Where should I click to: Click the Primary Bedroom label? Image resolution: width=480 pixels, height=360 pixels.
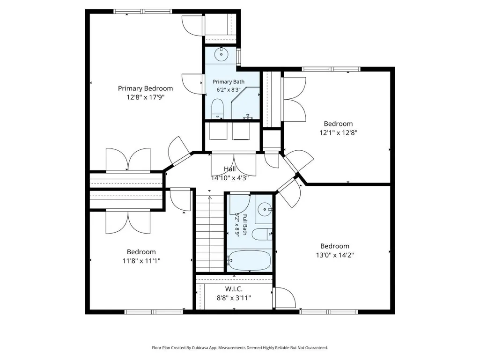click(x=146, y=88)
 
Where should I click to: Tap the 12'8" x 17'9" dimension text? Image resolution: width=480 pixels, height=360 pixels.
click(x=146, y=97)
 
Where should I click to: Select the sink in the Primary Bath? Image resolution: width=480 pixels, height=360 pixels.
click(x=221, y=55)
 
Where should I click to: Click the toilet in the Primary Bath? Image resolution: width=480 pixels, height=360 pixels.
click(x=218, y=109)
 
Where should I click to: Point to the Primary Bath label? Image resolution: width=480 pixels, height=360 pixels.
click(x=229, y=82)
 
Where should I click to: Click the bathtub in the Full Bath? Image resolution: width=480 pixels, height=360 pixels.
click(x=249, y=260)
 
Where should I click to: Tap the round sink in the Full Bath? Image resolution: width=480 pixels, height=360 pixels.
click(x=264, y=209)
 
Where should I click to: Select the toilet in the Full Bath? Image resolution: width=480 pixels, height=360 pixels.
click(x=262, y=235)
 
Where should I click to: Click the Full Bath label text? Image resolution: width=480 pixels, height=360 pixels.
click(x=245, y=224)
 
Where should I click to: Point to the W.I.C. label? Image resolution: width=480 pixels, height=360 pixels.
click(x=234, y=289)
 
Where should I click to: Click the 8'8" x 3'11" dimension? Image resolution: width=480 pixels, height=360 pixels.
click(x=234, y=298)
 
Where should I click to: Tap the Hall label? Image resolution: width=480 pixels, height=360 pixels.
click(x=229, y=169)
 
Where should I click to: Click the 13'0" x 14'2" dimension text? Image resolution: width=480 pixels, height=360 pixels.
click(x=335, y=255)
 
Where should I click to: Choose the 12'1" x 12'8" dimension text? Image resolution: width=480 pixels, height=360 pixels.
click(x=338, y=132)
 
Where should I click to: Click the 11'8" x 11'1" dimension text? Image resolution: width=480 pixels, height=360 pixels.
click(x=141, y=261)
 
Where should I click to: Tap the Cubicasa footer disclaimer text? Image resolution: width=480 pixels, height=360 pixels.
click(x=240, y=348)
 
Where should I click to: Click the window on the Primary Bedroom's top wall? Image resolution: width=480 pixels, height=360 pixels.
click(x=143, y=12)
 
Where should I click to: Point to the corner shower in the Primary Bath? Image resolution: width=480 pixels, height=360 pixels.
click(x=245, y=103)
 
